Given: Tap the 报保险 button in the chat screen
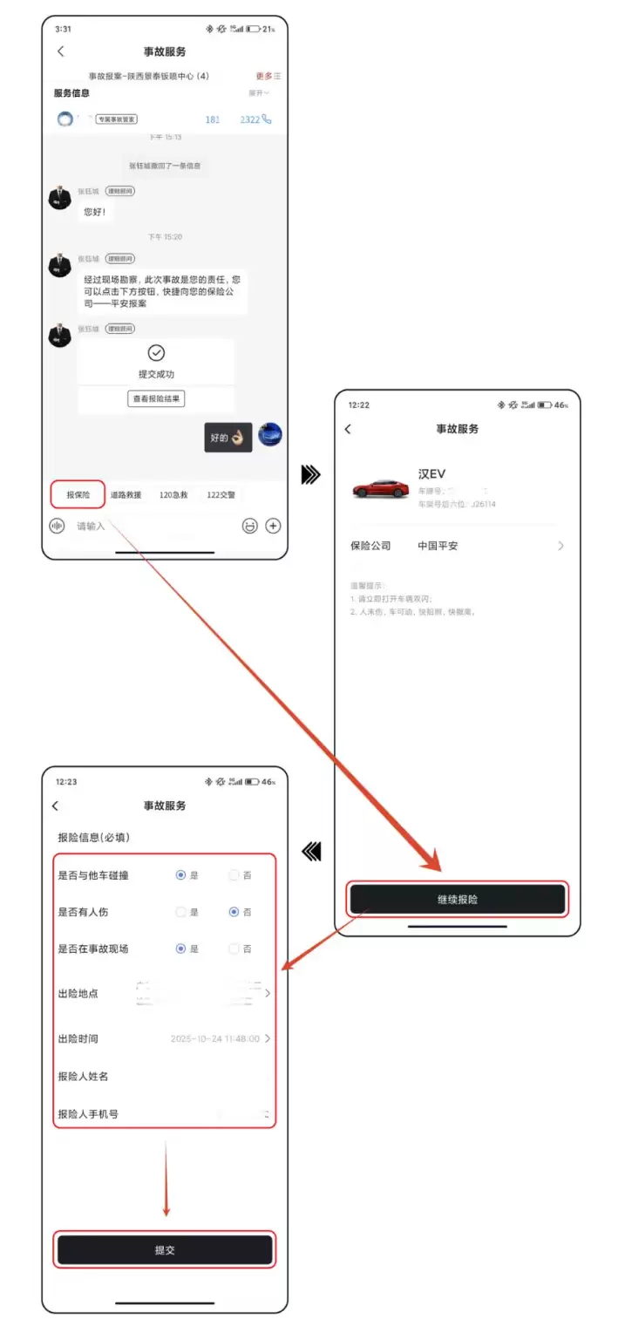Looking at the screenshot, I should (x=78, y=494).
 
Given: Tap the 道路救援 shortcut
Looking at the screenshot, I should (x=126, y=494).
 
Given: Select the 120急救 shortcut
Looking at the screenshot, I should (x=173, y=494).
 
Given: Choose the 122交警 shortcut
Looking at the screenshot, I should (x=221, y=494).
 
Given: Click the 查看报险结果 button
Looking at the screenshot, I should (x=156, y=398).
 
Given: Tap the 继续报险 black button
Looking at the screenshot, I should (x=458, y=899).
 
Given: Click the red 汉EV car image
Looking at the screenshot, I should (x=379, y=488).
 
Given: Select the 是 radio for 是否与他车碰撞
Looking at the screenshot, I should (x=180, y=875).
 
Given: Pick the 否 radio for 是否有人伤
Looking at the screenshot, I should (x=234, y=912).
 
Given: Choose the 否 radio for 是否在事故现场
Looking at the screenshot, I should (x=234, y=949).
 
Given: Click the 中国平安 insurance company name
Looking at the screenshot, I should (x=438, y=546).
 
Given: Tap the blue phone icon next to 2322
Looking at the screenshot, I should (x=267, y=119).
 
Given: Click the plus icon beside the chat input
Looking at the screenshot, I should (x=273, y=526).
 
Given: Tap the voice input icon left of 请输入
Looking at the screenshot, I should (x=58, y=526).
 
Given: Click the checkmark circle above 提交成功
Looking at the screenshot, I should (x=156, y=352).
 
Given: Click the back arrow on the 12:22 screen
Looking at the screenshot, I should (x=348, y=429).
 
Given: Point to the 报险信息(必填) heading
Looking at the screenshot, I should (x=93, y=837).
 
